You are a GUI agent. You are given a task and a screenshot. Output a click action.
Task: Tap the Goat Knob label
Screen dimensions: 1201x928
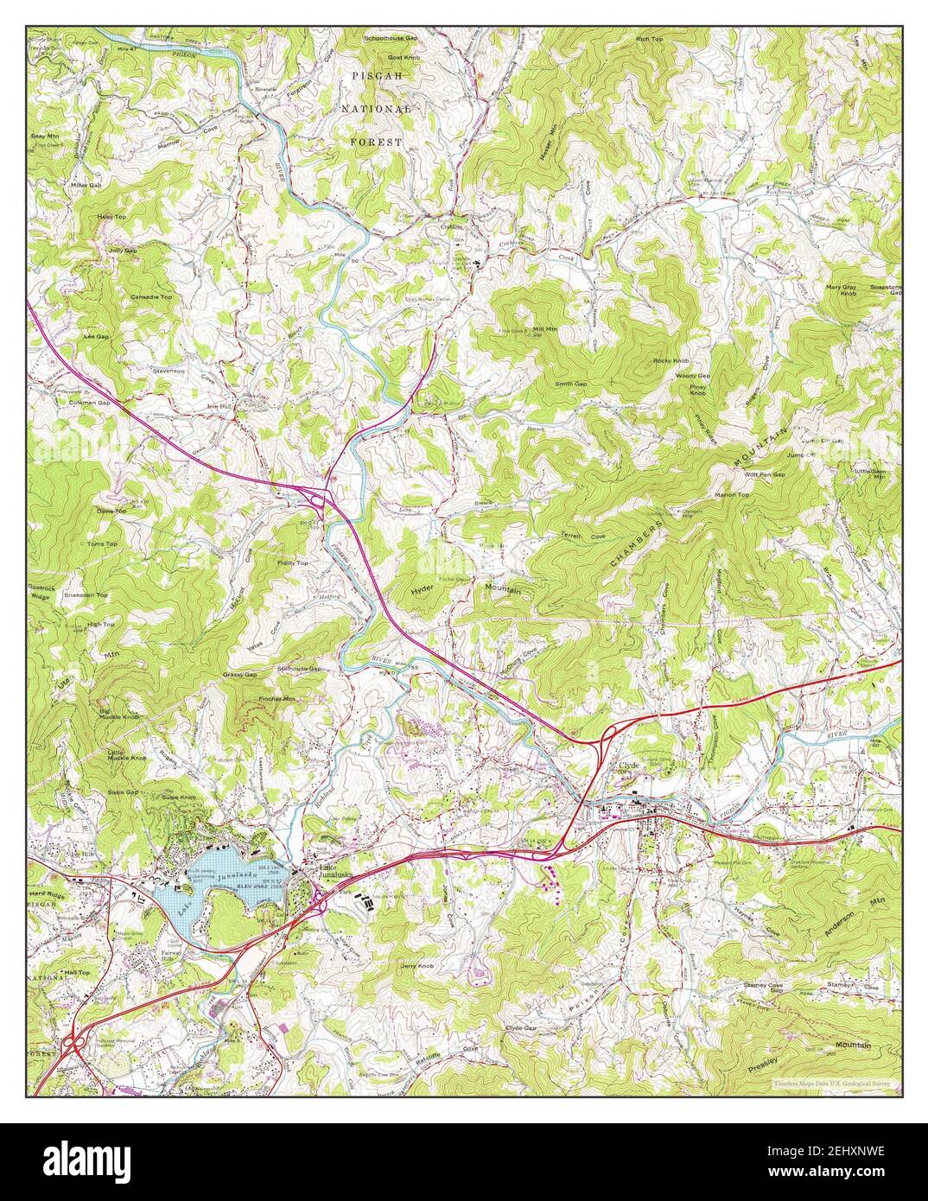(x=403, y=57)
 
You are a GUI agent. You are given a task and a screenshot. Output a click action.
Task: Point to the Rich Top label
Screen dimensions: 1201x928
(x=673, y=40)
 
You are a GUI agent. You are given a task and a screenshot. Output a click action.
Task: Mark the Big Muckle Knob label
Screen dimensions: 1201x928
(x=120, y=714)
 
